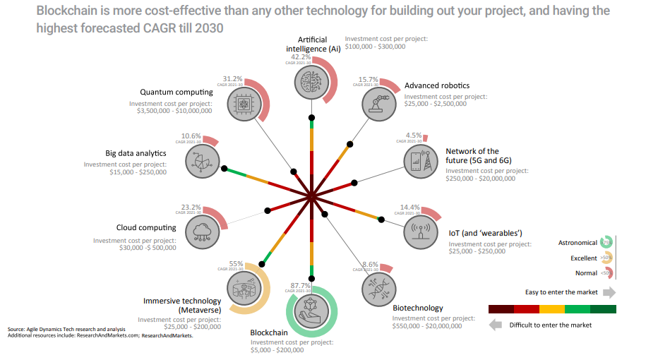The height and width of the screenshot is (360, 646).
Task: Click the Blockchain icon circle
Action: coord(311,309)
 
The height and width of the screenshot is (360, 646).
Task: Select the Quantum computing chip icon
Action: coord(241,105)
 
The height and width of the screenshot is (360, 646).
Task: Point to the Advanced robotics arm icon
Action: coord(379,103)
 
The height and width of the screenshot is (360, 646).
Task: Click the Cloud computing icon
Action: coord(203,230)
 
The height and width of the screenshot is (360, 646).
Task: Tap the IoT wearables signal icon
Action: coord(421,231)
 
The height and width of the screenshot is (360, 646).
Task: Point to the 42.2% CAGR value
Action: coord(301,57)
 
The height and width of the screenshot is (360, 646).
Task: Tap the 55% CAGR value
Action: coord(236,264)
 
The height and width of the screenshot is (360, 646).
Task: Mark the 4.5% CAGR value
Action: coord(414,136)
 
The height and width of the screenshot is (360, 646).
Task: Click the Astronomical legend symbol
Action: coord(605,242)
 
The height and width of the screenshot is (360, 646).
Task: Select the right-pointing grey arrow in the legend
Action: coord(609,292)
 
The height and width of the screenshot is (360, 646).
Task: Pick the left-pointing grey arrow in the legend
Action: coord(496,325)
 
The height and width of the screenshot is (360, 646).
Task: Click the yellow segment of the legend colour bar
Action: coord(552,309)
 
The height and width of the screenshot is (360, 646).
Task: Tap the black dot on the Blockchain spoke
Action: coord(311,277)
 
